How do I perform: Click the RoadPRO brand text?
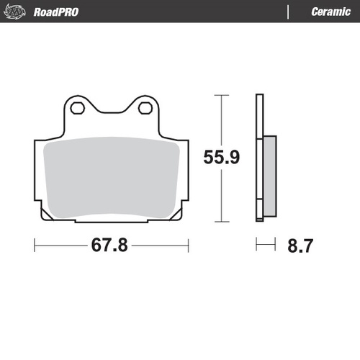(56, 12)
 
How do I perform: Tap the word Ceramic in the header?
(330, 12)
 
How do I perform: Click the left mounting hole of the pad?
(78, 108)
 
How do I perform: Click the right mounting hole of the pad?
(145, 108)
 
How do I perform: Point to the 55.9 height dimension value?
(220, 157)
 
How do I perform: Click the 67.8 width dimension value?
(109, 246)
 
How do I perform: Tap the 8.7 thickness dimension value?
(300, 246)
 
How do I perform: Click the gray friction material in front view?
(112, 176)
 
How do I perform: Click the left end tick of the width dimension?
(35, 246)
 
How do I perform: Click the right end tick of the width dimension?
(188, 246)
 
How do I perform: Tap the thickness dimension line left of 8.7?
(266, 246)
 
